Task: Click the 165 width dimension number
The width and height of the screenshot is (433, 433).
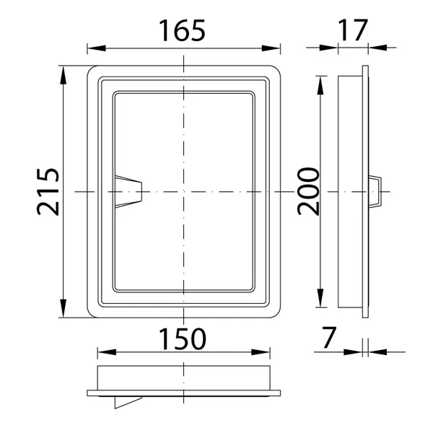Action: (182, 30)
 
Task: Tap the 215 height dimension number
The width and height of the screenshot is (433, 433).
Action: (48, 192)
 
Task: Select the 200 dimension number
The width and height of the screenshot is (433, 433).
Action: (308, 191)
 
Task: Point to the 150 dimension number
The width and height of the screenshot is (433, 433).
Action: (183, 339)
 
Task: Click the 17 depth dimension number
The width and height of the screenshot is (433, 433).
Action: (353, 30)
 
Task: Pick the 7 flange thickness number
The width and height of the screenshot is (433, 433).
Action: (329, 338)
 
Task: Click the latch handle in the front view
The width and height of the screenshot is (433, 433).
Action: (128, 191)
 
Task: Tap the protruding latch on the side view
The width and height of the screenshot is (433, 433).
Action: (375, 191)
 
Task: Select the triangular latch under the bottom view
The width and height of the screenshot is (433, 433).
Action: (128, 403)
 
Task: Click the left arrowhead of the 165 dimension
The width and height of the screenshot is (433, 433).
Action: (97, 48)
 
